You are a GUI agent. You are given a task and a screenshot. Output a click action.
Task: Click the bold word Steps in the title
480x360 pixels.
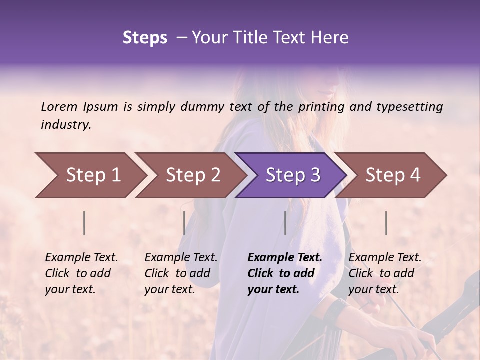point(145,38)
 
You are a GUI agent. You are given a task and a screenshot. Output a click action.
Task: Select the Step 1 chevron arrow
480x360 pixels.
point(90,175)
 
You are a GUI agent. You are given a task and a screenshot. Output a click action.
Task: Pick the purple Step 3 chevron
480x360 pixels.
point(292,175)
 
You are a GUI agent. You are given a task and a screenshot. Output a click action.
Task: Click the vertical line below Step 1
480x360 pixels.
point(84,223)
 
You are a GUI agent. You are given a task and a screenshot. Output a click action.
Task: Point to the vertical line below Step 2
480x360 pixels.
point(184,223)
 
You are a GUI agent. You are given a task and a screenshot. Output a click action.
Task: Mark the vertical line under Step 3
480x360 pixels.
point(285,223)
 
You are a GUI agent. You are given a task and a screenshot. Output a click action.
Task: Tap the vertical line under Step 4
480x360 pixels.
point(386,223)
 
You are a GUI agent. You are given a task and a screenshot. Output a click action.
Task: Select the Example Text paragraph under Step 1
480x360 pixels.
point(81,273)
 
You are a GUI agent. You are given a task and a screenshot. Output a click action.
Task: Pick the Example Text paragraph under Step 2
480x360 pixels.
point(181,273)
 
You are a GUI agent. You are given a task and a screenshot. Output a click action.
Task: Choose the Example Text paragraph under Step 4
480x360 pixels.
point(385,273)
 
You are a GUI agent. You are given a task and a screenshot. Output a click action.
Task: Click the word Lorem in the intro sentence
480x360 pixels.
point(59,106)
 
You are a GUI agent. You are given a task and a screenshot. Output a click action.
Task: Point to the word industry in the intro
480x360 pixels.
point(65,124)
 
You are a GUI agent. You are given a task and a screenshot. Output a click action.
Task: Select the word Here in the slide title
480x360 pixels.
point(330,38)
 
